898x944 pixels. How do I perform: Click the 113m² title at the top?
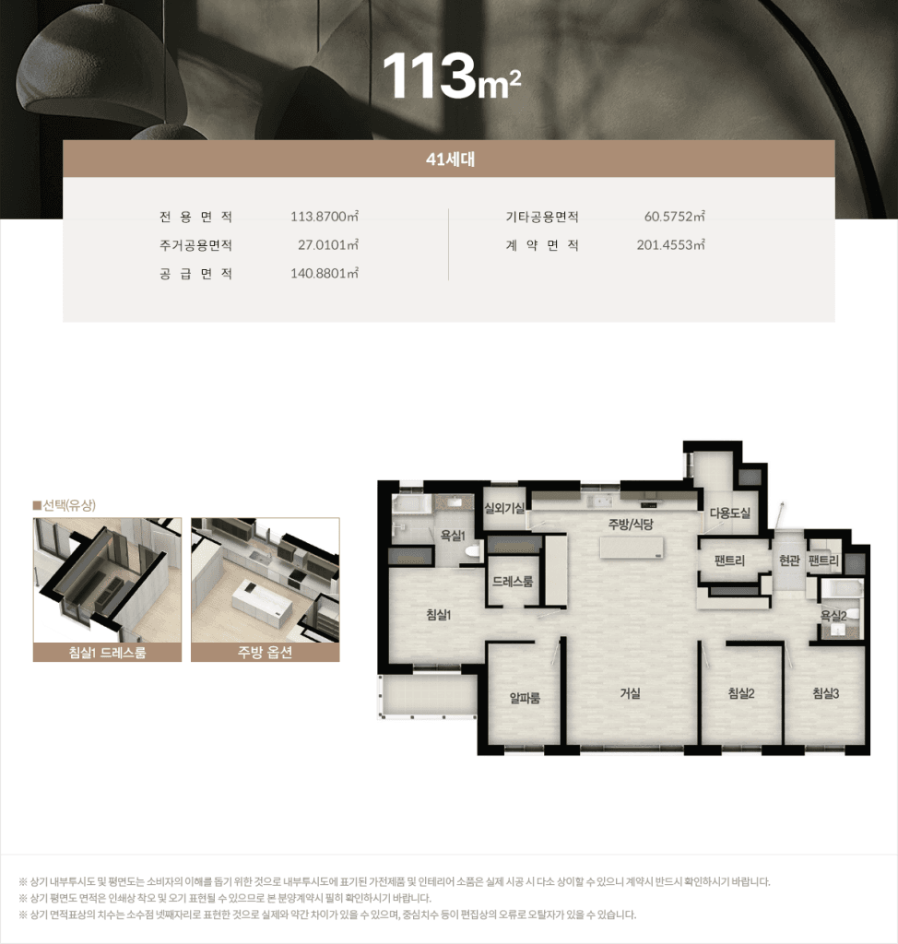click(x=452, y=76)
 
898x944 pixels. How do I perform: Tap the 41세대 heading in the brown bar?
click(x=450, y=159)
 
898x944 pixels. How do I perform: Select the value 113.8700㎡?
click(x=324, y=216)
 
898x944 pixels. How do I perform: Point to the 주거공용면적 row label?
click(x=195, y=245)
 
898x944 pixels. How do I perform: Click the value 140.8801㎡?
click(x=324, y=273)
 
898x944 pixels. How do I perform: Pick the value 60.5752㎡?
click(x=674, y=216)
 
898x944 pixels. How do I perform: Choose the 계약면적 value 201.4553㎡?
click(x=670, y=245)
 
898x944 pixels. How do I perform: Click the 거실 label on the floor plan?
click(x=630, y=693)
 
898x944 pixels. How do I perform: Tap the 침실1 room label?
click(x=439, y=615)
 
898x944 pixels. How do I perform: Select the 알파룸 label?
click(x=525, y=698)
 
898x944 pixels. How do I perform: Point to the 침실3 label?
click(x=825, y=693)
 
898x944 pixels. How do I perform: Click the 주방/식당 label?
click(x=630, y=525)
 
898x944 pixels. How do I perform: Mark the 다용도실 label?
click(x=730, y=513)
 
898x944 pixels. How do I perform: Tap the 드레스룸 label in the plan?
click(x=513, y=582)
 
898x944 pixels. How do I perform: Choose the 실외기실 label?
click(x=504, y=509)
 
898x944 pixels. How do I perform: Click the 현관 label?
click(x=789, y=560)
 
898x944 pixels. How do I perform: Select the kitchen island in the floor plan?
click(x=632, y=548)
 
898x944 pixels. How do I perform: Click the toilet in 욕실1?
click(x=473, y=550)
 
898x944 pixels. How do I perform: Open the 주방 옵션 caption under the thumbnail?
click(x=265, y=652)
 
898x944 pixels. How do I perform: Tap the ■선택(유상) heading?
click(x=64, y=505)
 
